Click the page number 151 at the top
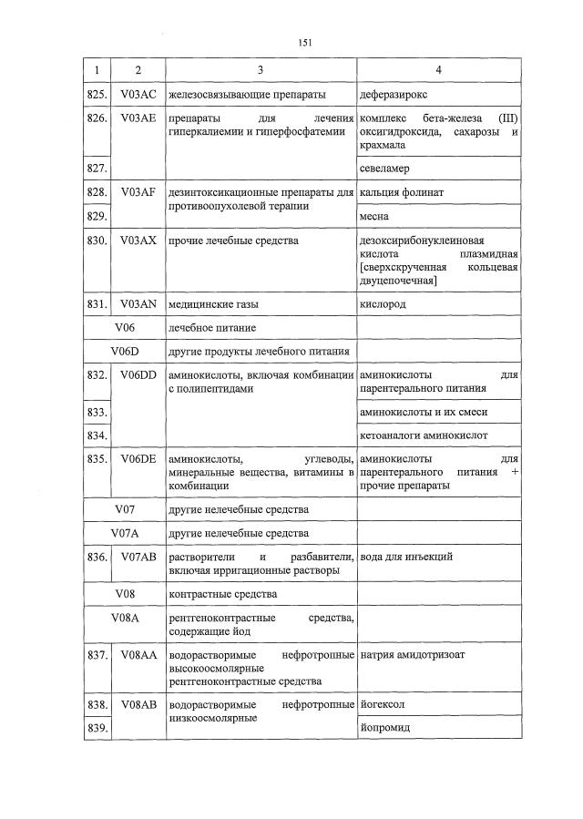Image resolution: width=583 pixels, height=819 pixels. coord(305,42)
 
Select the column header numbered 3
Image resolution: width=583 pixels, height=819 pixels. coord(261,70)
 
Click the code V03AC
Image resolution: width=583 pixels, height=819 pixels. coord(138,94)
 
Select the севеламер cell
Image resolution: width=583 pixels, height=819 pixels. coord(384,169)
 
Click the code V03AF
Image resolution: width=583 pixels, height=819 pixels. coord(138,192)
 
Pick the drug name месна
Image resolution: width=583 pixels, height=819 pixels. coord(374,217)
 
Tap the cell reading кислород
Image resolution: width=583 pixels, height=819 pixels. coord(383,304)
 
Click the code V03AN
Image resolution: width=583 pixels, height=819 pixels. coord(138,304)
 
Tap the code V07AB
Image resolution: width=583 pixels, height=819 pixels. coord(138,557)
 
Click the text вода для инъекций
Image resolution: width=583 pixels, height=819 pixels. coord(406,557)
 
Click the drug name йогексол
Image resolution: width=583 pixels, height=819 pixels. coord(383,704)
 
